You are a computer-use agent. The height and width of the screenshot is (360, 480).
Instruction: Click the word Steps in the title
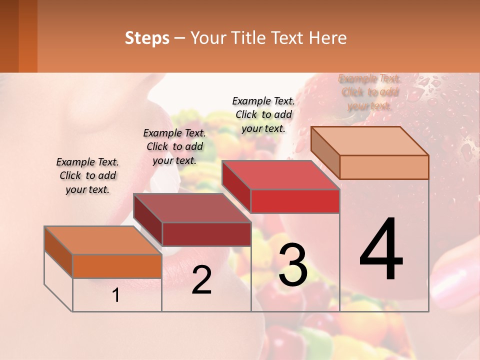click(147, 38)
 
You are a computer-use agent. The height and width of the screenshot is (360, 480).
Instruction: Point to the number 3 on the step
click(293, 265)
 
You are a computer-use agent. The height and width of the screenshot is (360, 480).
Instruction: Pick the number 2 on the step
click(201, 280)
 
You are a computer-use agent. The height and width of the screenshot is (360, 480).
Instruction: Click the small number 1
click(116, 295)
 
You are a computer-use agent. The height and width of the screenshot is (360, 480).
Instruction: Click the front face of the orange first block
click(117, 266)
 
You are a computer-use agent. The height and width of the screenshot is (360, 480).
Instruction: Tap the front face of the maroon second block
click(206, 234)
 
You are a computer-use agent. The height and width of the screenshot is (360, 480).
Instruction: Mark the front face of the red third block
click(295, 201)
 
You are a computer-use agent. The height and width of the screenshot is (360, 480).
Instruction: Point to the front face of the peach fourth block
click(384, 167)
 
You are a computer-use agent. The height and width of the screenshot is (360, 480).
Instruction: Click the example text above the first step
click(87, 175)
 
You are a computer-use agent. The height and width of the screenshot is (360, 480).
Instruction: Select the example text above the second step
click(174, 146)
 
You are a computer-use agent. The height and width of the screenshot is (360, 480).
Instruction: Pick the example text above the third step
click(263, 114)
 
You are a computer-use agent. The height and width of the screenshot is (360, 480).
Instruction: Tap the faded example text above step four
click(369, 92)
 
